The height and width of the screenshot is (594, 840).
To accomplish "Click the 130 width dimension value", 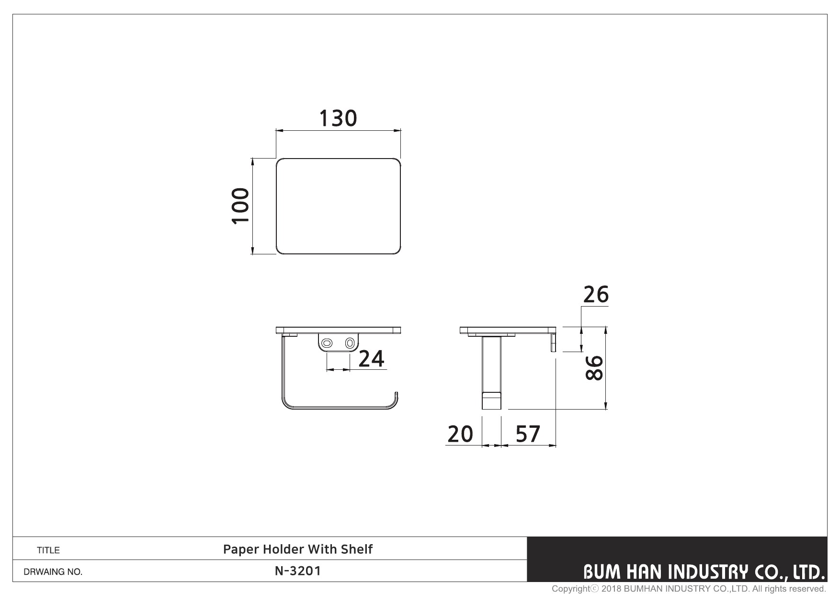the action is coord(338,118).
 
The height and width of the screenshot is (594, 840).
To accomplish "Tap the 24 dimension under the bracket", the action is coord(371,359).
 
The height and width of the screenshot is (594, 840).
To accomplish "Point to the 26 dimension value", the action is coord(596,295).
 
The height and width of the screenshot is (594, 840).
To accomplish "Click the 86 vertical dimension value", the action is coord(594,368).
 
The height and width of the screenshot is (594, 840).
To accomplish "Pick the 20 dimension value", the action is coord(460,434).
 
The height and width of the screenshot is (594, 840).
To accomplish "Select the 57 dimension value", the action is coord(528,434).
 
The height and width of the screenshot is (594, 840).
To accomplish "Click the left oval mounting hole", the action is coord(328,343).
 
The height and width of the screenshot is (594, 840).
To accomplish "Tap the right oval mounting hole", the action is coord(350,343).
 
